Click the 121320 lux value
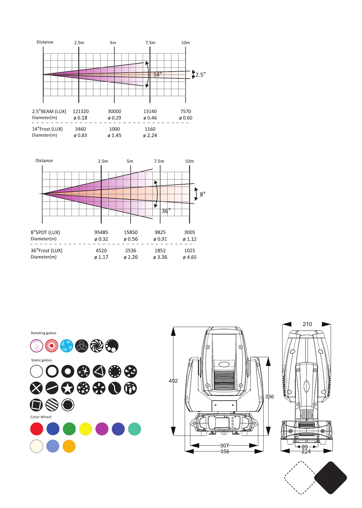pos(81,111)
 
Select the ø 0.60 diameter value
pos(186,118)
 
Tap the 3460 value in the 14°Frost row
pos(80,129)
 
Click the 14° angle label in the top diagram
pos(158,75)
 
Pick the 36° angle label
pos(166,211)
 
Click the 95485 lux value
pos(101,232)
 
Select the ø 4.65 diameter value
pos(190,257)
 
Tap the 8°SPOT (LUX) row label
pos(46,232)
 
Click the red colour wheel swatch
pos(37,429)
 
